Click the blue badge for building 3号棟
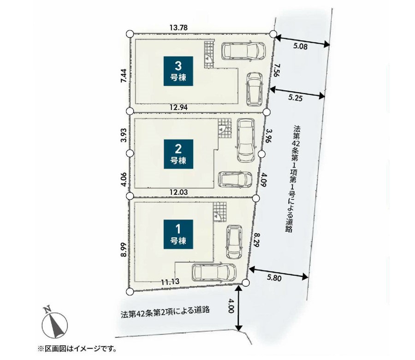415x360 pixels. point(178,71)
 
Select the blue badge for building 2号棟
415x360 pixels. point(178,154)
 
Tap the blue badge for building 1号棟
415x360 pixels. point(178,234)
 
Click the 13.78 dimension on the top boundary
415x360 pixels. point(179,28)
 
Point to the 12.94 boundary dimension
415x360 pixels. point(179,107)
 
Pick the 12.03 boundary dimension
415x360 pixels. point(179,192)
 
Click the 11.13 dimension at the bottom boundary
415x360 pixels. point(170,282)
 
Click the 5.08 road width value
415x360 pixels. point(300,47)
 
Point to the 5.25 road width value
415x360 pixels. point(295,98)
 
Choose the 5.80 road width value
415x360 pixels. point(274,278)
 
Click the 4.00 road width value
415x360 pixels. point(231,306)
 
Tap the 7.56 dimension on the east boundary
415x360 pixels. point(276,70)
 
